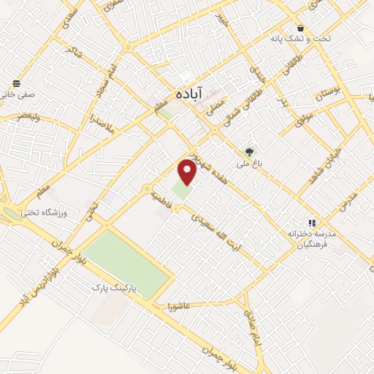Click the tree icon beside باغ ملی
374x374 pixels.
pos(251,153)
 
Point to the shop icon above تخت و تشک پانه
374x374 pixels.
pos(301,27)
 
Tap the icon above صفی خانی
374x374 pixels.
pos(16,83)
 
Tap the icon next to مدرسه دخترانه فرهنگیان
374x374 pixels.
pos(312,223)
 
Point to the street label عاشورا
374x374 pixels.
pos(178,305)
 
